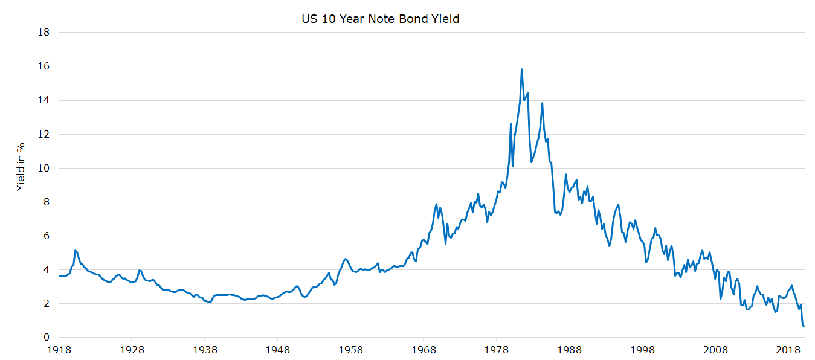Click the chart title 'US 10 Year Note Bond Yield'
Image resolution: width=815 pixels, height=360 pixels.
(x=381, y=19)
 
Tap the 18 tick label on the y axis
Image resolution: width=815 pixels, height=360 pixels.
(x=43, y=33)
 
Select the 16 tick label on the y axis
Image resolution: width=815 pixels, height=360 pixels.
(x=43, y=66)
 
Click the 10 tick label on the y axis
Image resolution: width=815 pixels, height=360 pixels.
(x=43, y=168)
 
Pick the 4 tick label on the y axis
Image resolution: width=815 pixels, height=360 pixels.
(x=46, y=270)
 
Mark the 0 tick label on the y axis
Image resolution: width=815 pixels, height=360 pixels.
(x=46, y=338)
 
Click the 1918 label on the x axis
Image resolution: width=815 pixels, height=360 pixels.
(x=59, y=350)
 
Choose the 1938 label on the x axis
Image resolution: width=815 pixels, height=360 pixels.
(x=205, y=350)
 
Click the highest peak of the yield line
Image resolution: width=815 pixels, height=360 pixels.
(x=521, y=69)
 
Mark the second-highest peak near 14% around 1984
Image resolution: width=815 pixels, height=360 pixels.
(x=542, y=103)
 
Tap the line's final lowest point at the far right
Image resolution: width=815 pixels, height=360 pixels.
(x=805, y=327)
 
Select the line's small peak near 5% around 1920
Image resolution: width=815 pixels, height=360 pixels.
(x=75, y=250)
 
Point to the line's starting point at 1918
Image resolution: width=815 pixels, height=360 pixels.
(x=59, y=276)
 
